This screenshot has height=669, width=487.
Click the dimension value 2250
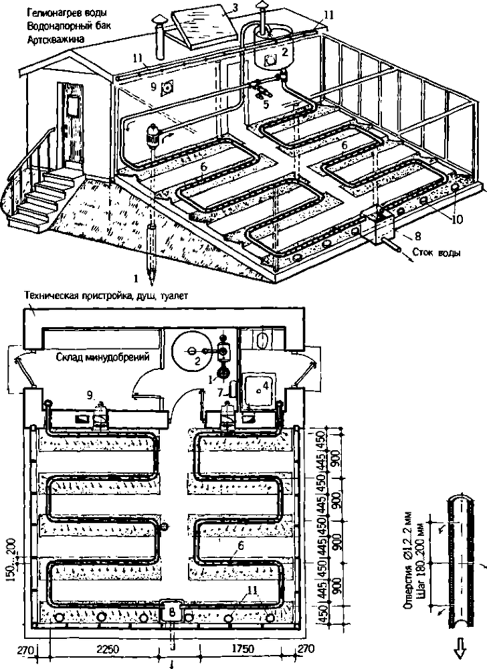pos(107,649)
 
